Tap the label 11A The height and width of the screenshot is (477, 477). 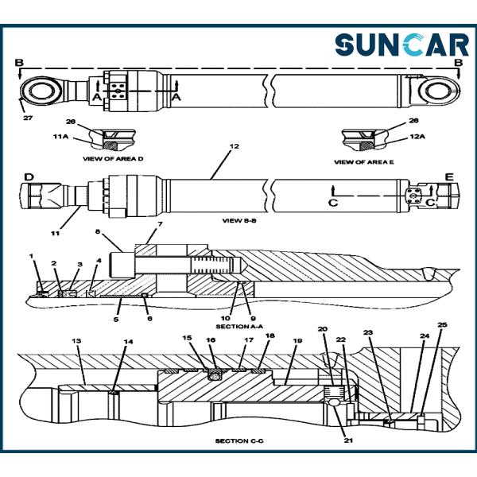pyautogui.click(x=60, y=138)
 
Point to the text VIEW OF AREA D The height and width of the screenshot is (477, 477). pyautogui.click(x=113, y=159)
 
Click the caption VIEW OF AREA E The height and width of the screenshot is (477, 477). pyautogui.click(x=363, y=161)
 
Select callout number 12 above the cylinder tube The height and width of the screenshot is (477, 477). pyautogui.click(x=233, y=147)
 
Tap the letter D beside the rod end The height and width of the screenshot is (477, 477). pyautogui.click(x=28, y=176)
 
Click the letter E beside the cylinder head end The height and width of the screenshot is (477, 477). pyautogui.click(x=448, y=176)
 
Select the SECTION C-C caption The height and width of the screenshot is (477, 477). pyautogui.click(x=236, y=440)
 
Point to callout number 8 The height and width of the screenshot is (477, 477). pyautogui.click(x=98, y=233)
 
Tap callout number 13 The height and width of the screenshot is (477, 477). pyautogui.click(x=76, y=341)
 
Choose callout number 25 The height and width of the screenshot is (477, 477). pyautogui.click(x=442, y=325)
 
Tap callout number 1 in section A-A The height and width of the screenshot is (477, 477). pyautogui.click(x=31, y=255)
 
